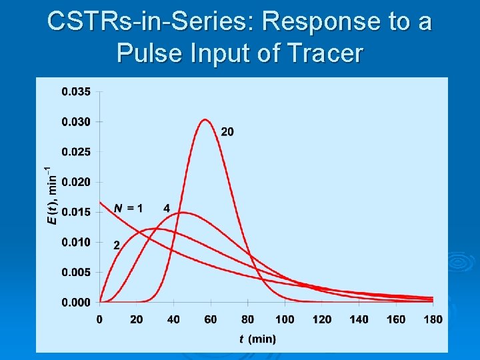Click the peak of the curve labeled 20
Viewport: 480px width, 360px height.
point(205,120)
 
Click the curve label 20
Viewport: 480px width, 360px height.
point(227,132)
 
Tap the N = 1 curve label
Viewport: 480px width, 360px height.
point(127,209)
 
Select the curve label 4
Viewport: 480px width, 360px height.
point(167,209)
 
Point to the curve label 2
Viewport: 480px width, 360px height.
point(117,245)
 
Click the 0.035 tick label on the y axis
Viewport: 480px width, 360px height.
point(77,91)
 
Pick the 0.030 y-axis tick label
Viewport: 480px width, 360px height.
point(77,121)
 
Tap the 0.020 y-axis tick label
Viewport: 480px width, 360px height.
point(77,182)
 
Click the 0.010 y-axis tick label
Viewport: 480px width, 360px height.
point(77,242)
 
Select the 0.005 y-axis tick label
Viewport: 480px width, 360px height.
point(77,272)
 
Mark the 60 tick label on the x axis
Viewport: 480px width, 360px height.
point(211,319)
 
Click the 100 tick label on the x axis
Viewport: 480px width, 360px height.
point(285,319)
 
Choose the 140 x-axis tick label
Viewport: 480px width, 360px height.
point(359,319)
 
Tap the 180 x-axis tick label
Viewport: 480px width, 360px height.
point(433,319)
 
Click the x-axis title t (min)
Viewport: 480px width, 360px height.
point(257,339)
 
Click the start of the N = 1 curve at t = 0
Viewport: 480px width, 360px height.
point(100,202)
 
